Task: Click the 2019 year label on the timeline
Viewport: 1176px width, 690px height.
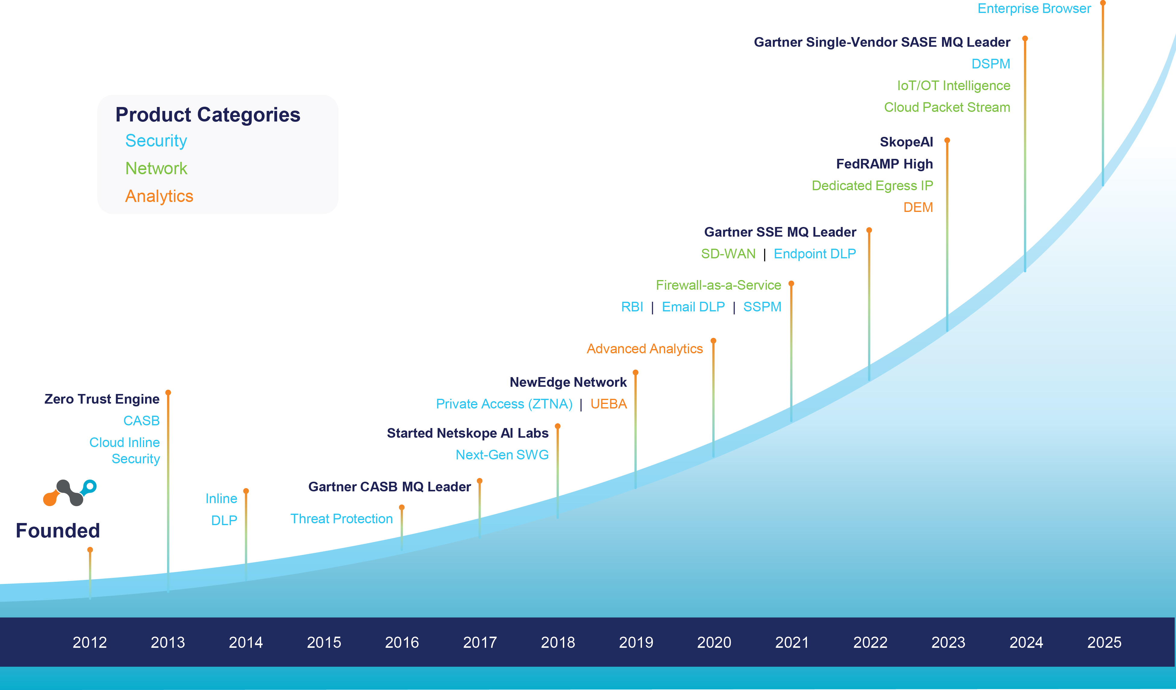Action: click(636, 642)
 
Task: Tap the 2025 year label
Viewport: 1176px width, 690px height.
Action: click(1104, 642)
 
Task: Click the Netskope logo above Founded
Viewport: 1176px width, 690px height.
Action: click(70, 493)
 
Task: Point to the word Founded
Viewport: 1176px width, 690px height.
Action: click(58, 531)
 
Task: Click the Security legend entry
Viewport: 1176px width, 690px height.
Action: click(156, 141)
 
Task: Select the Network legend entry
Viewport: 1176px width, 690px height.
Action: click(156, 169)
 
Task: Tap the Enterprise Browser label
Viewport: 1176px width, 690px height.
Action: click(1034, 9)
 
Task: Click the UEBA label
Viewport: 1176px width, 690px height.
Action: click(609, 404)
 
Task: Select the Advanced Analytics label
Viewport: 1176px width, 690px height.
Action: click(644, 349)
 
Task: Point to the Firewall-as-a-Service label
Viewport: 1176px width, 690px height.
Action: click(718, 285)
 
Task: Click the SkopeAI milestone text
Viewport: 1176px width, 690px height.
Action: click(906, 142)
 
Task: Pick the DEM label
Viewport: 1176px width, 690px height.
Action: click(918, 207)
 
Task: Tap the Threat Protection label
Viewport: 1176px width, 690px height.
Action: click(342, 519)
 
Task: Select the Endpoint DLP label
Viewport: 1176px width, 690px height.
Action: click(815, 254)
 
